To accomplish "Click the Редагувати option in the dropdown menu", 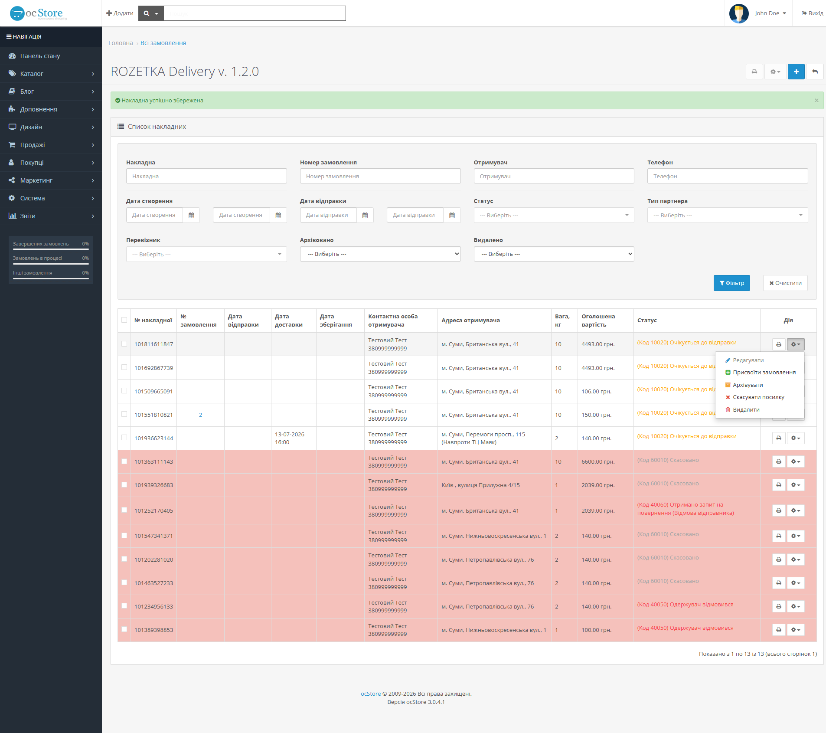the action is click(748, 360).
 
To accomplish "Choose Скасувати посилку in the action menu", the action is click(758, 397).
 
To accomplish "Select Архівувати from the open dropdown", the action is click(748, 385).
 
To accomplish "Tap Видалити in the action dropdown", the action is click(746, 410).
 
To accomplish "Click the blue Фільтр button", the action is click(731, 283).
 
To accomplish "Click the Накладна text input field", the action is click(206, 176).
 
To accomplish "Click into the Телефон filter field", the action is click(727, 176).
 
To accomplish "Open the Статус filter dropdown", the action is click(554, 215).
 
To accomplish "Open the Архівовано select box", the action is click(380, 254).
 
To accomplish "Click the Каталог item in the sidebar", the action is click(51, 74).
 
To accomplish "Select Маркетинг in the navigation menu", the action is click(51, 180).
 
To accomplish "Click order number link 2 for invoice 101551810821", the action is click(200, 415).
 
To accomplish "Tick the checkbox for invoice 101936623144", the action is click(124, 438).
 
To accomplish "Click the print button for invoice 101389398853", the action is click(779, 630).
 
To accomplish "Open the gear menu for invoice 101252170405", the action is click(796, 510).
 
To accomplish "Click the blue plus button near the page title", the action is click(796, 72).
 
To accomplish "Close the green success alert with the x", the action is click(816, 100).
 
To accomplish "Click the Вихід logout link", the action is click(812, 13).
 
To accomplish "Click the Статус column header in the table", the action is click(647, 321).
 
